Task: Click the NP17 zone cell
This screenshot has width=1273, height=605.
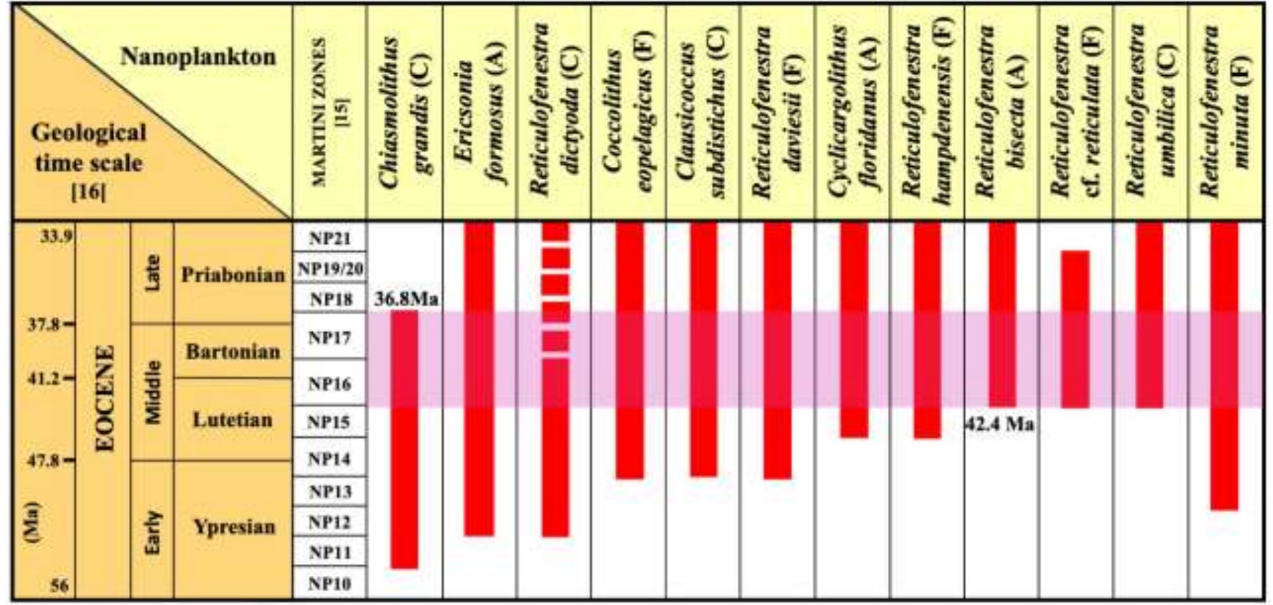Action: (x=329, y=337)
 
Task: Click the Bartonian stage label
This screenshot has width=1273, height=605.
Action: (x=232, y=352)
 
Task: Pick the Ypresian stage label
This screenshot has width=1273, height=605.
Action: (x=234, y=527)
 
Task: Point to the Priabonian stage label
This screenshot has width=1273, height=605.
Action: (x=232, y=275)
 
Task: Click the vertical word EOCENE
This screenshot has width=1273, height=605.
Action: (x=105, y=398)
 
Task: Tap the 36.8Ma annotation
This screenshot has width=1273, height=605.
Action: (x=406, y=299)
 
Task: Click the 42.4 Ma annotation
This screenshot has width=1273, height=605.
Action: (x=1000, y=424)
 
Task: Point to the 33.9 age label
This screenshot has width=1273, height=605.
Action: (x=56, y=237)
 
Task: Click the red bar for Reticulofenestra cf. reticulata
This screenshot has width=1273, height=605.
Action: (x=1075, y=328)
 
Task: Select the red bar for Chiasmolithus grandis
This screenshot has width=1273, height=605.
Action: (x=404, y=439)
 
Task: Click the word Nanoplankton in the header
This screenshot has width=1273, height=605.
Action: (x=198, y=57)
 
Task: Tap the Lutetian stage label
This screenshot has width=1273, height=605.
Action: (x=232, y=420)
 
